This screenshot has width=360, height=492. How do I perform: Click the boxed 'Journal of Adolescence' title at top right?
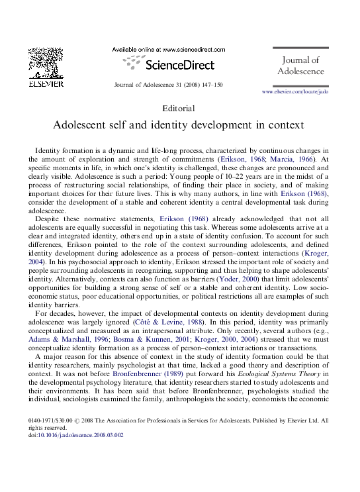point(298,66)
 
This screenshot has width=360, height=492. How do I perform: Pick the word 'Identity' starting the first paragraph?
point(48,151)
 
